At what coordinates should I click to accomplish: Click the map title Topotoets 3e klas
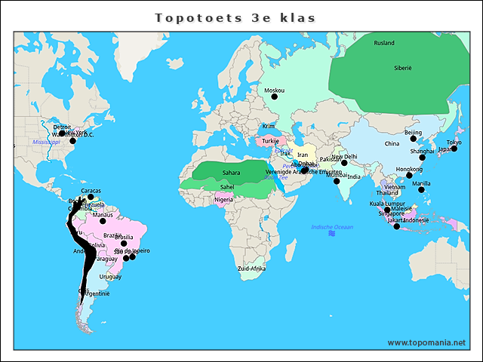coord(235,17)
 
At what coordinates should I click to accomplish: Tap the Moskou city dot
coord(274,97)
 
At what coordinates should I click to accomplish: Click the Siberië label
coord(402,68)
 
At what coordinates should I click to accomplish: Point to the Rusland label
coord(384,43)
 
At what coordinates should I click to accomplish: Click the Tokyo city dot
coord(454,149)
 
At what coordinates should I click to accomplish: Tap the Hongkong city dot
coord(409,176)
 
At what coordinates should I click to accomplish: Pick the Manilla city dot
coord(422,189)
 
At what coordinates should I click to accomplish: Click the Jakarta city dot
coord(397,226)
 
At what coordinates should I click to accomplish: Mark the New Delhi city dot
coord(343,163)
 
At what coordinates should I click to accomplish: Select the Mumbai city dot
coord(337,181)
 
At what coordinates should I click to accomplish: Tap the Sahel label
coord(227,186)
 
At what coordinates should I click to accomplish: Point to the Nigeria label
coord(223,200)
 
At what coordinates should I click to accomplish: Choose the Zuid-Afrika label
coord(251,268)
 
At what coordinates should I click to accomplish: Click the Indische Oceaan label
coord(332,227)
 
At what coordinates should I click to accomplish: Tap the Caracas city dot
coord(91,198)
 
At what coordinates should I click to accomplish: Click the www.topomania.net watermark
coord(426,342)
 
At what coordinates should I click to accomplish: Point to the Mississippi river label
coord(46,142)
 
